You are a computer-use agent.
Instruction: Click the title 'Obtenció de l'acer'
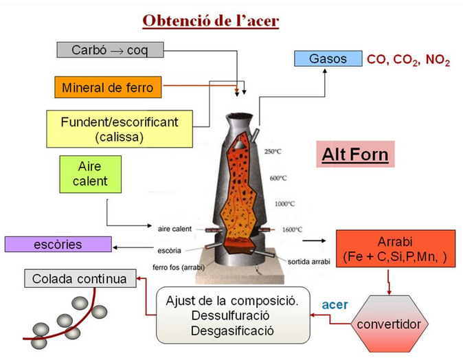(x=210, y=21)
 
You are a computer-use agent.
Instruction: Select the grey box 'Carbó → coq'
(x=109, y=50)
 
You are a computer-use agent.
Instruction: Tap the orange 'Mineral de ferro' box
(x=108, y=87)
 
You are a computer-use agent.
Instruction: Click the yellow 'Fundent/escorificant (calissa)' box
(x=120, y=128)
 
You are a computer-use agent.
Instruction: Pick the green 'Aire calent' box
(x=90, y=174)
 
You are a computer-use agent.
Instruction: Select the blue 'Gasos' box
(x=328, y=58)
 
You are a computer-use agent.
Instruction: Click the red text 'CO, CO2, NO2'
(x=408, y=60)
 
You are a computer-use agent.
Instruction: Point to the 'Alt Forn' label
(x=355, y=155)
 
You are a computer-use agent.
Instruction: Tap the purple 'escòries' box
(x=58, y=244)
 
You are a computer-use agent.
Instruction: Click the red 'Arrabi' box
(x=395, y=250)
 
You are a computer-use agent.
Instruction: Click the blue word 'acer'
(x=335, y=304)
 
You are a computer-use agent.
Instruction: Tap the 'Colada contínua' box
(x=80, y=279)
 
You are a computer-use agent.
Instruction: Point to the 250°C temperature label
(x=275, y=151)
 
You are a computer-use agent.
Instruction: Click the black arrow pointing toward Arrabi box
(x=315, y=241)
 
